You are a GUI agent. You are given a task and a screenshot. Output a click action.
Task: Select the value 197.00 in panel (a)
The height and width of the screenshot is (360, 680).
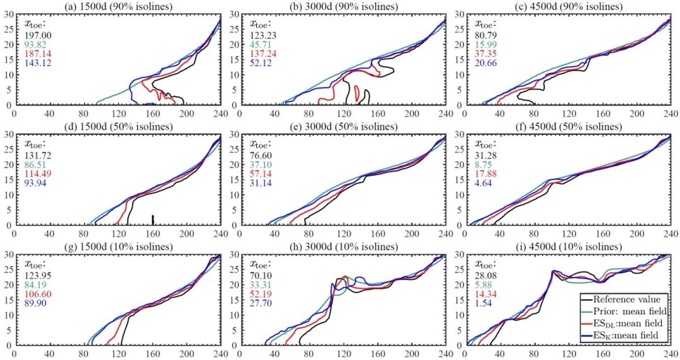[38, 36]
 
